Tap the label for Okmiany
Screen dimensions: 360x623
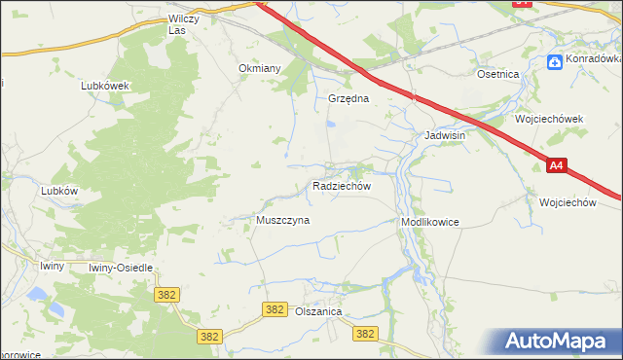click(x=260, y=69)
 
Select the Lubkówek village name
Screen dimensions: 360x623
click(x=105, y=85)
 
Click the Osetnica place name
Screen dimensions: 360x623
click(x=497, y=74)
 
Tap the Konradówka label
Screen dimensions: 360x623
click(x=594, y=60)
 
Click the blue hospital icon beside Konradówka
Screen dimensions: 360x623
click(x=555, y=61)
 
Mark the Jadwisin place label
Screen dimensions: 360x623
click(x=444, y=136)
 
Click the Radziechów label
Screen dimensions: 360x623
click(x=341, y=185)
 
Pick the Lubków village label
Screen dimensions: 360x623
click(x=59, y=192)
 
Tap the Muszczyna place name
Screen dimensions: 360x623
click(x=282, y=221)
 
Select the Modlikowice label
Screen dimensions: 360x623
click(x=429, y=222)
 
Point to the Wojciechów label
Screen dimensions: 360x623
click(x=567, y=202)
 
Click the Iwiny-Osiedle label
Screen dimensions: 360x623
click(x=121, y=267)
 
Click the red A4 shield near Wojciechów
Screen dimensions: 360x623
click(x=555, y=166)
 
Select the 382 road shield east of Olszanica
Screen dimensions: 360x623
click(x=365, y=334)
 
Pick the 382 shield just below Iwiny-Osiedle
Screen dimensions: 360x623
click(x=165, y=293)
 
